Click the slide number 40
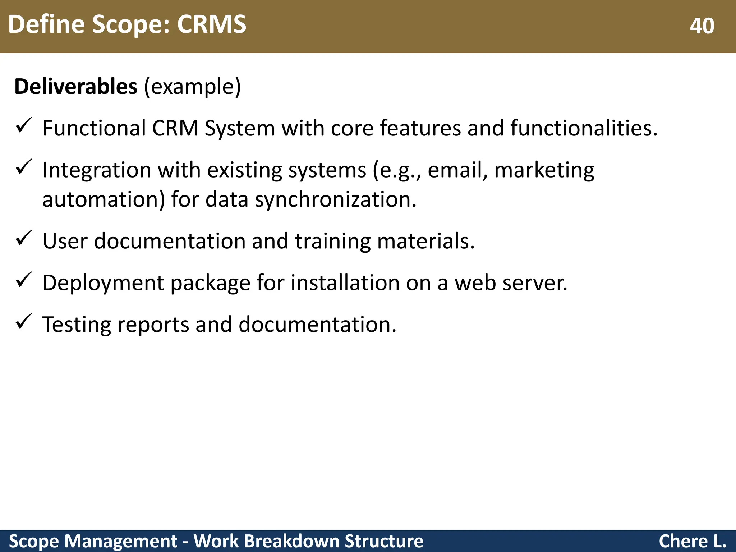click(701, 26)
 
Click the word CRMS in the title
click(211, 24)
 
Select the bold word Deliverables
click(76, 87)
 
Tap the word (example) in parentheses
click(192, 87)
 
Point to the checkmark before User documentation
click(24, 238)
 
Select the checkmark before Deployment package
click(24, 280)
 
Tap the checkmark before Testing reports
click(24, 322)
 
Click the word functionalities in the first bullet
click(584, 128)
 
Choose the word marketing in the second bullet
click(544, 170)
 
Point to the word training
click(332, 241)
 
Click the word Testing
click(76, 325)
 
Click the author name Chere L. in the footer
click(692, 541)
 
